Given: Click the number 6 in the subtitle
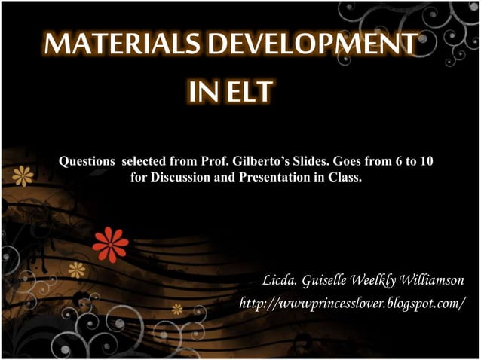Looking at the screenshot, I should [398, 162].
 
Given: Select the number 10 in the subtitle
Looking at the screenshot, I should [425, 162].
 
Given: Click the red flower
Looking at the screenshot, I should [110, 243].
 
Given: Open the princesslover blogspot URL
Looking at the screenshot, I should [351, 303].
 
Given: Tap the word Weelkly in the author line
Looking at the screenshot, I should [375, 281].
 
